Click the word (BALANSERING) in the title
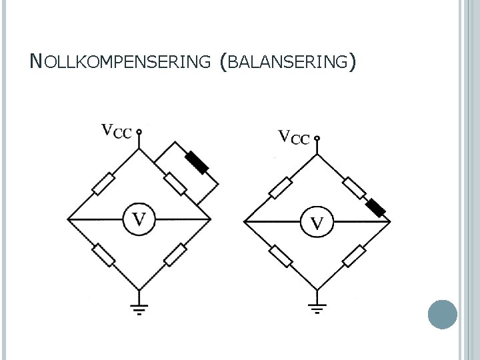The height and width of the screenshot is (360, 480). point(287,62)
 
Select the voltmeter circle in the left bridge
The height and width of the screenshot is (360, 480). point(139,218)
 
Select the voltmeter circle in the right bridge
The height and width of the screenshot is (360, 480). point(317,222)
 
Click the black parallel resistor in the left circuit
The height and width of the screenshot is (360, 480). point(197,163)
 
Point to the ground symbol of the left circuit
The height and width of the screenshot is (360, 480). point(139,307)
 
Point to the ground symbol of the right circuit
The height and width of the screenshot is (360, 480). point(317,309)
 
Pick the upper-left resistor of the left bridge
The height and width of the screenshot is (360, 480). point(104,184)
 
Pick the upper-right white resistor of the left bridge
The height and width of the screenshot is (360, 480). point(175,183)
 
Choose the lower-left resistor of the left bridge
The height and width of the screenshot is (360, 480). point(103,254)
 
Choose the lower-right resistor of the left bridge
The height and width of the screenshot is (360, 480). point(175,254)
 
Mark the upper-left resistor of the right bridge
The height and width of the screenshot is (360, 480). point(281,188)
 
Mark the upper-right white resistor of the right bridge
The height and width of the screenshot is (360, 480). point(355,188)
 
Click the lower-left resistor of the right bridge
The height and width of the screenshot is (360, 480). point(281,256)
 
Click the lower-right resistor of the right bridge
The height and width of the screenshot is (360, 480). point(354,255)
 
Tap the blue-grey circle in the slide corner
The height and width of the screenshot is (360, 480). point(441,314)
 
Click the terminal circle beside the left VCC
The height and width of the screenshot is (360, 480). point(139,132)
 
